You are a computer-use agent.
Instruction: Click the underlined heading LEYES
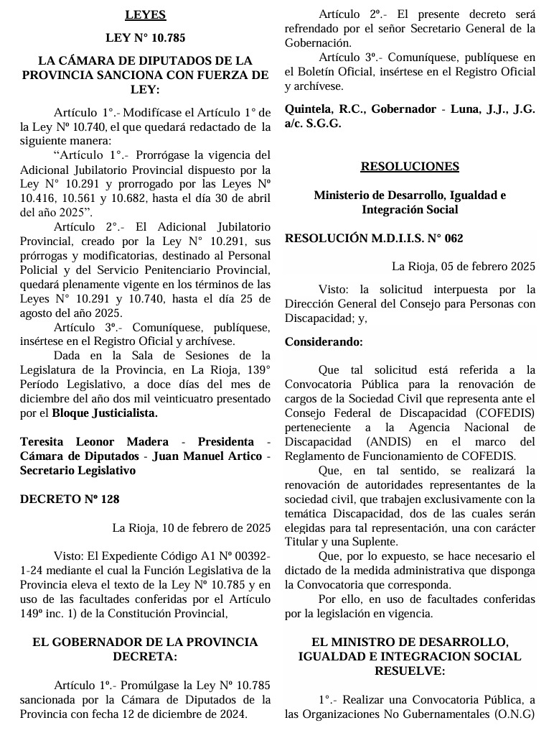click(145, 14)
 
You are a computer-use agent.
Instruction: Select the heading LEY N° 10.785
click(145, 37)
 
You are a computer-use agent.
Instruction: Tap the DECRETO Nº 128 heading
click(70, 499)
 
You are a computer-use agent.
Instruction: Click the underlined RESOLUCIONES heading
click(410, 166)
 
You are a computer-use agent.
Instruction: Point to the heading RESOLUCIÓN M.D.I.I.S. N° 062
click(374, 238)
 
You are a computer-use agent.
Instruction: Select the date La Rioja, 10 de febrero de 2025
click(192, 527)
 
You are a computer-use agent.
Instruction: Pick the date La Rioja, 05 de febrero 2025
click(464, 267)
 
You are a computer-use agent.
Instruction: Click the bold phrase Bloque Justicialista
click(105, 413)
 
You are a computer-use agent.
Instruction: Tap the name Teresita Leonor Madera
click(95, 441)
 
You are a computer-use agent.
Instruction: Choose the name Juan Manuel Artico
click(213, 456)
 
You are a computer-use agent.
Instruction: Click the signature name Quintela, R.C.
click(325, 109)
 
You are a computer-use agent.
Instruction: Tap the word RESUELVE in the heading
click(410, 670)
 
